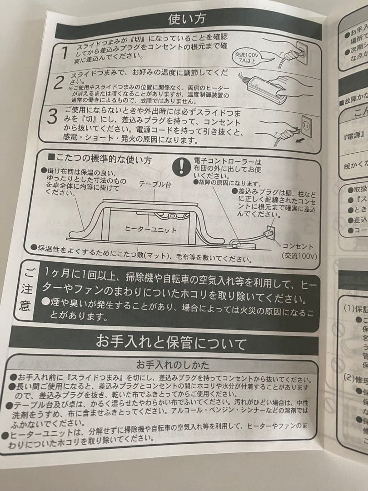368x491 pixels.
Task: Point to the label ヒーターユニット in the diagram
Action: tap(150, 230)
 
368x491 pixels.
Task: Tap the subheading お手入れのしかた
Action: tap(173, 364)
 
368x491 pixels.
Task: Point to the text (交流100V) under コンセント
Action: tap(299, 256)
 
